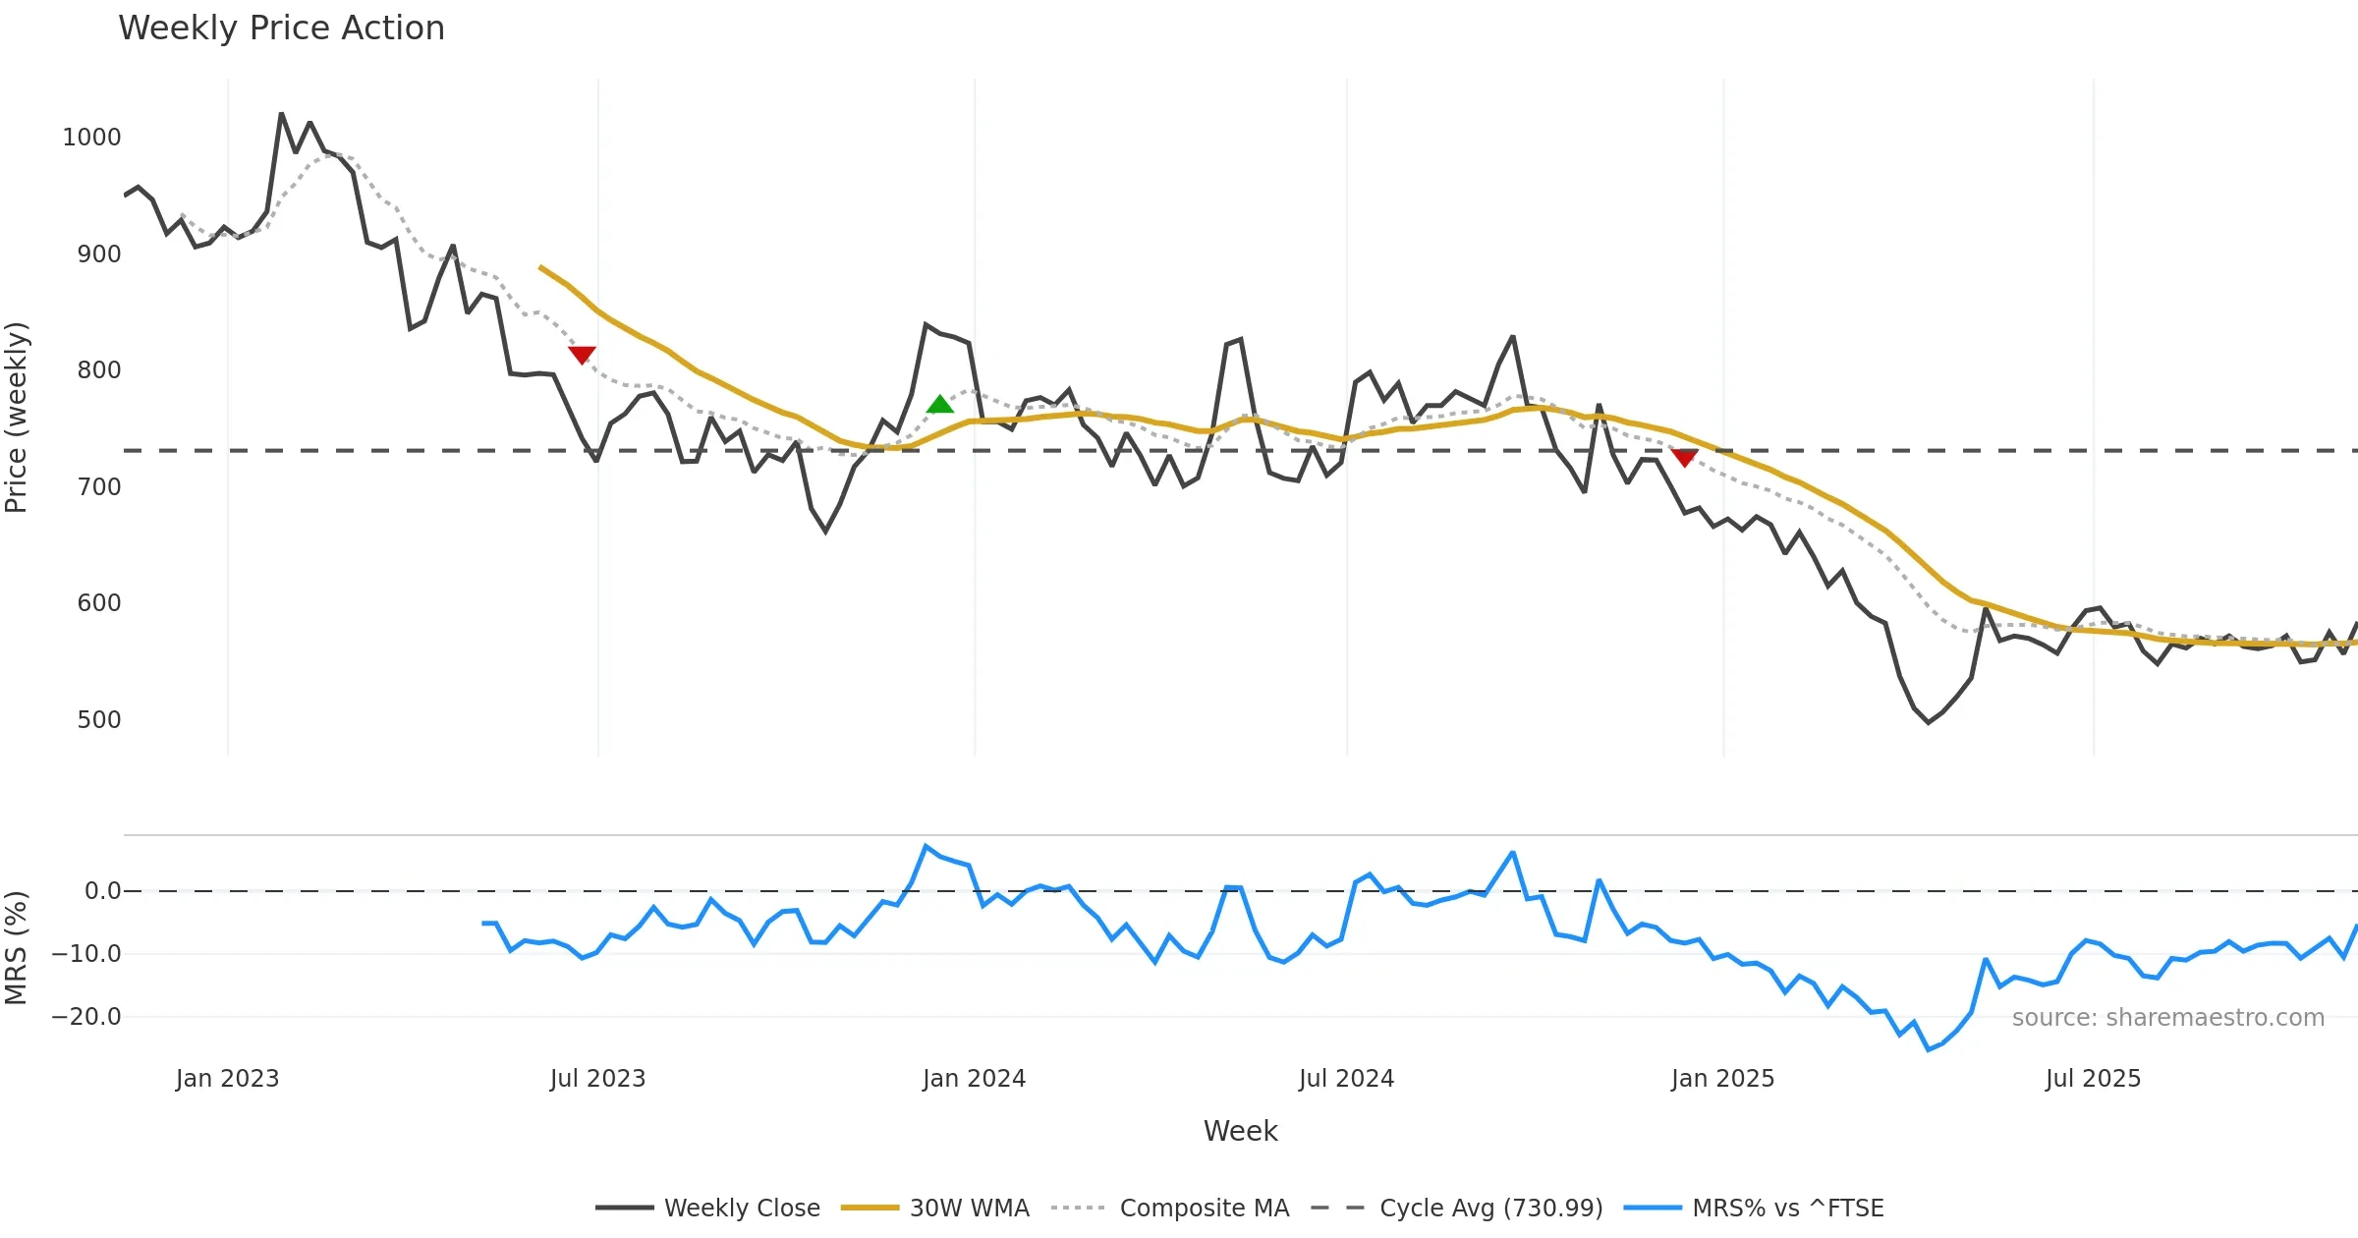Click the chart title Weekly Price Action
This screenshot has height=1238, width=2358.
[281, 28]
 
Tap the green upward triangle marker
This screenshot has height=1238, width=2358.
[940, 404]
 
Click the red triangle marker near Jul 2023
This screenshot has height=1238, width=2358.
[582, 354]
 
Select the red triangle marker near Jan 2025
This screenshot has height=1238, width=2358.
[1684, 458]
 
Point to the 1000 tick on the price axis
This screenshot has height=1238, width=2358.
[91, 138]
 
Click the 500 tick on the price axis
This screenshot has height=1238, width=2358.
[99, 720]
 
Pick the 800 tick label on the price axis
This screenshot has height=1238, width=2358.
[99, 370]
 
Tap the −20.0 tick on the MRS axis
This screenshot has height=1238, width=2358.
[86, 1017]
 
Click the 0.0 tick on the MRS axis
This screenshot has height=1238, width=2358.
[103, 891]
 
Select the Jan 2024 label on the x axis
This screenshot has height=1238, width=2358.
[974, 1079]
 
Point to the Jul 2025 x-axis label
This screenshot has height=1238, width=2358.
[2093, 1079]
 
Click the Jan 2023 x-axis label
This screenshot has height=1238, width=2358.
[228, 1079]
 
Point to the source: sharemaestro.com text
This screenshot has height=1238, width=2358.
[2167, 1018]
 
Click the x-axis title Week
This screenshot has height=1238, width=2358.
[1240, 1132]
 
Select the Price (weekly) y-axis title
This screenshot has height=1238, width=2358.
[17, 418]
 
